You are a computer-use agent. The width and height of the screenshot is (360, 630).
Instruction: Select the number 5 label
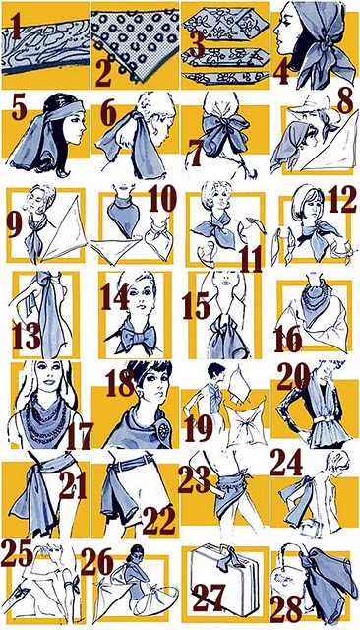click(x=18, y=105)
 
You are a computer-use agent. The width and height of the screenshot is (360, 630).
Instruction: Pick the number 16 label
click(x=287, y=338)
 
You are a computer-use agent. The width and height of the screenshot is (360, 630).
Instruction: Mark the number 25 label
click(x=18, y=551)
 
